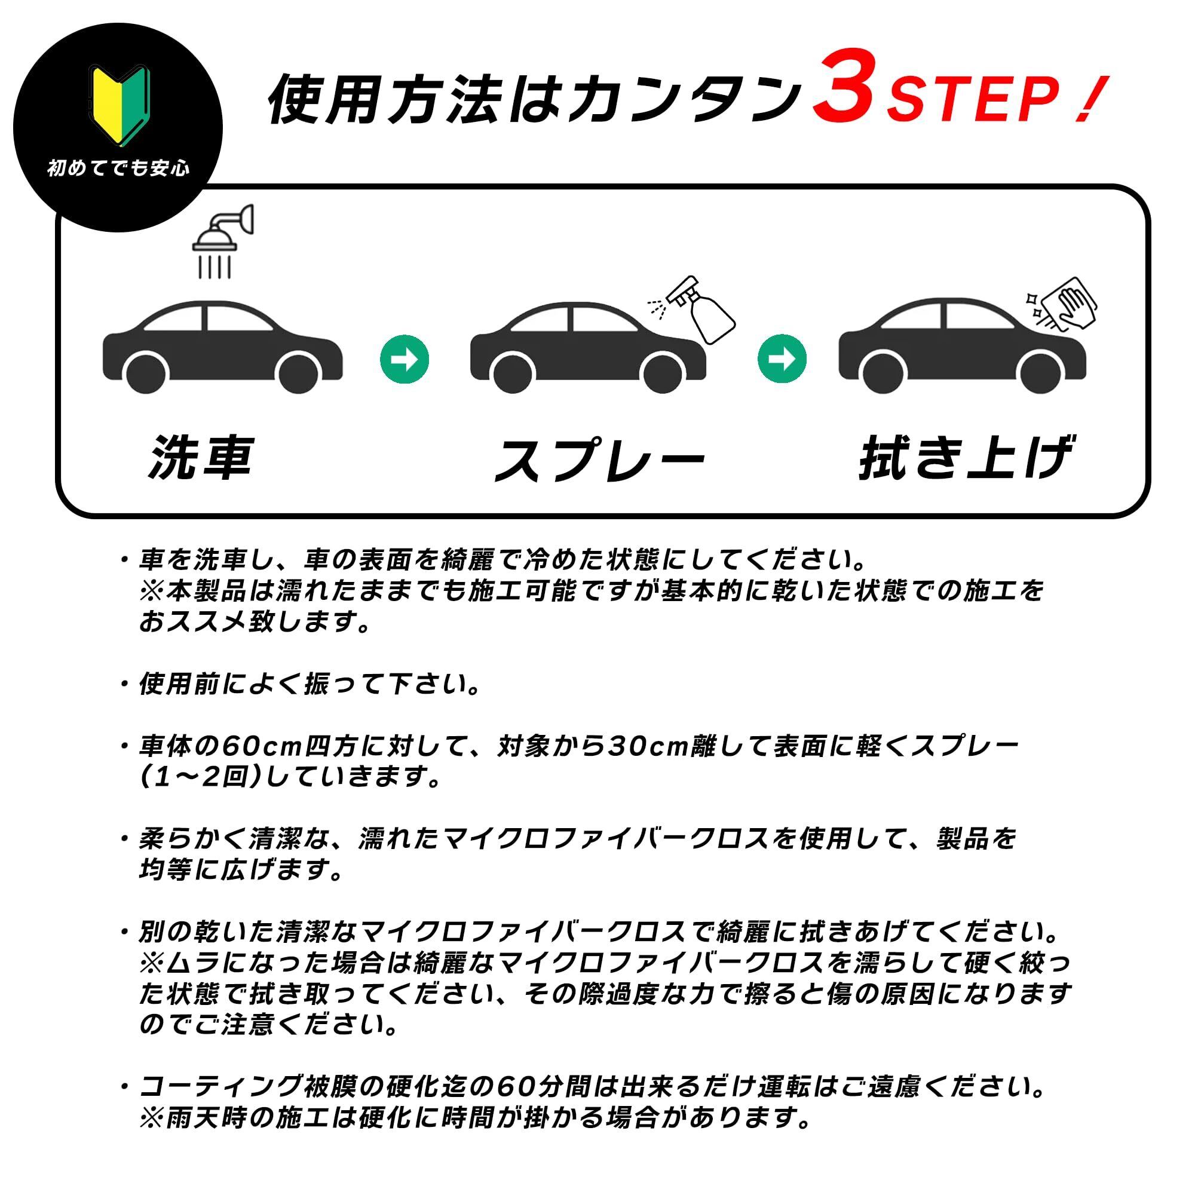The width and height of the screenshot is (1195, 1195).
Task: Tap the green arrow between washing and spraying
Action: tap(405, 359)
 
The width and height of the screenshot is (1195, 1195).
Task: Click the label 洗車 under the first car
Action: tap(201, 457)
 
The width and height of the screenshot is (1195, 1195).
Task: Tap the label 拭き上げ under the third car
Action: tap(965, 458)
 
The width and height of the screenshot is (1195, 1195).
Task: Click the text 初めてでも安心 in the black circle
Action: tap(118, 169)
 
